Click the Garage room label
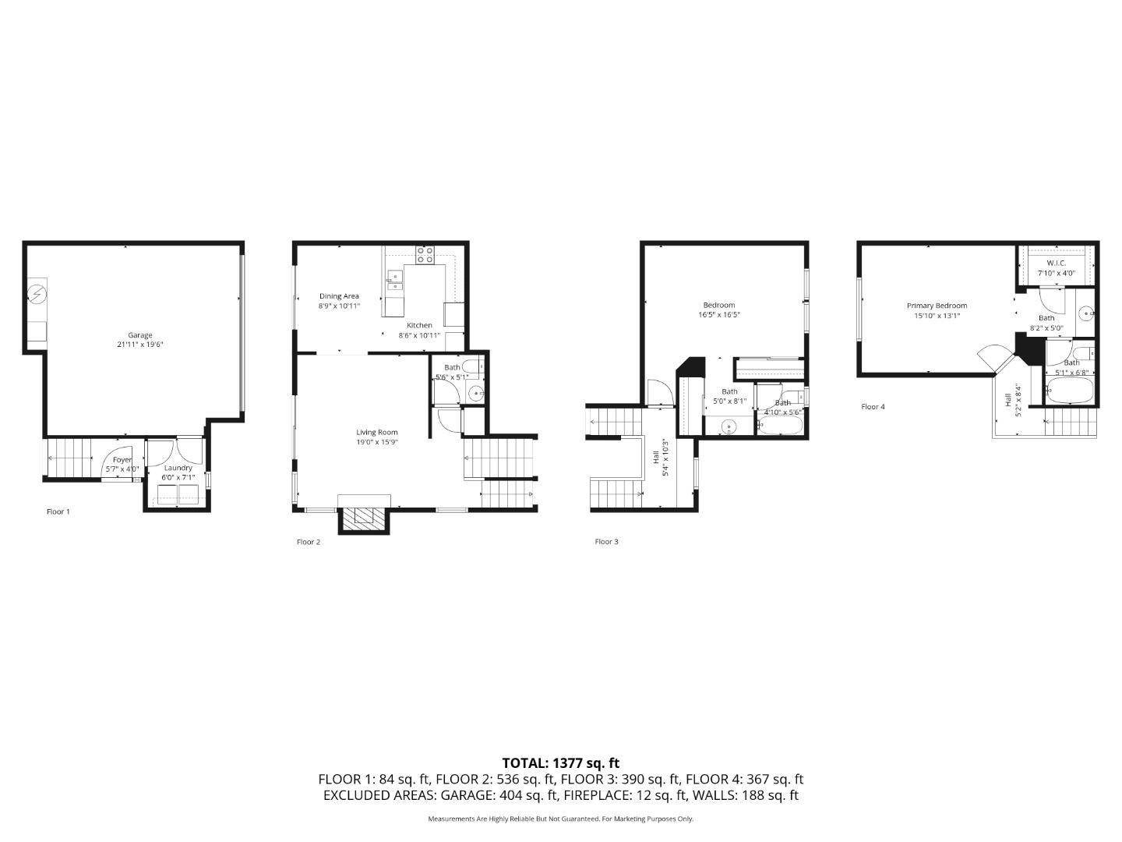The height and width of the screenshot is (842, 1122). click(140, 335)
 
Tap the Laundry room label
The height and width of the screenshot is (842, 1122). click(178, 468)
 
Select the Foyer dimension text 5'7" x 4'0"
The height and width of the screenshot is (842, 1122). click(122, 469)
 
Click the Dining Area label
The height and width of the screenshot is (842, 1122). click(339, 296)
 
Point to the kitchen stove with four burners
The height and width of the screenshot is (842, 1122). click(425, 254)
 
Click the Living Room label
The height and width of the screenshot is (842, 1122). click(377, 432)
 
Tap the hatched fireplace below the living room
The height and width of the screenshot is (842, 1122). click(364, 518)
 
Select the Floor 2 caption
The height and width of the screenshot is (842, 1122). click(309, 542)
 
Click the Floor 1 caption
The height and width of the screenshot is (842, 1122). click(58, 511)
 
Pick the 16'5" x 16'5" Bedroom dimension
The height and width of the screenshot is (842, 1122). click(718, 315)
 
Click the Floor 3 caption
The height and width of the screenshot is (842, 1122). click(606, 541)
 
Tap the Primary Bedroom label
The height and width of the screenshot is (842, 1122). click(937, 306)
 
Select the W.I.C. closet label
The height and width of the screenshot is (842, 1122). click(1056, 264)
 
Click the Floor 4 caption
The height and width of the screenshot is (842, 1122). click(873, 406)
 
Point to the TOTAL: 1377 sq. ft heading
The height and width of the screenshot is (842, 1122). click(560, 763)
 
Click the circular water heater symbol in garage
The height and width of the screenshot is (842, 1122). click(36, 294)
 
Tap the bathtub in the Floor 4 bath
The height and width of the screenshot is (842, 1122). click(1071, 392)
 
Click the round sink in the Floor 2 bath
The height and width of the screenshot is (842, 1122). click(475, 393)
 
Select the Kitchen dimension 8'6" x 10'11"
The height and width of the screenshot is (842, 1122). click(419, 335)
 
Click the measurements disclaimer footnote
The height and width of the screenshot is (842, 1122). click(560, 819)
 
